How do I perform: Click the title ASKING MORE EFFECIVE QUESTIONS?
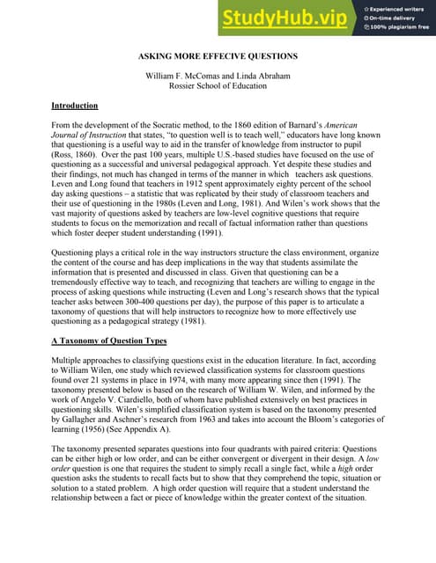click(218, 56)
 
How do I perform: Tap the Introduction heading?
click(75, 106)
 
